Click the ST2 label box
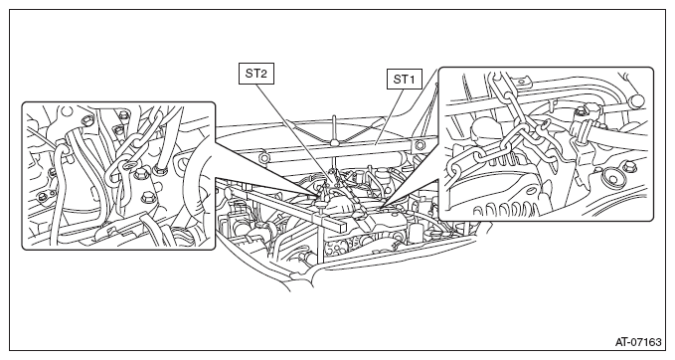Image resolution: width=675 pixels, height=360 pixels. click(256, 74)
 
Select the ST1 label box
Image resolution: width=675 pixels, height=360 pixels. click(405, 79)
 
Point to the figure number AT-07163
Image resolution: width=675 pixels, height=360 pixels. click(638, 342)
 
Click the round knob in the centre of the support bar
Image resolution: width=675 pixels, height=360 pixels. click(334, 141)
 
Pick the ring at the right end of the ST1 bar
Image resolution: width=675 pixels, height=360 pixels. click(418, 145)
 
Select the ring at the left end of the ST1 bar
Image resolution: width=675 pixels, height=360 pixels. click(262, 158)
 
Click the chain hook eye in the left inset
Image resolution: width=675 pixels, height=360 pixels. click(128, 165)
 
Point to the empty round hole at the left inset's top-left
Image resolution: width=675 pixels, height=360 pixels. click(66, 112)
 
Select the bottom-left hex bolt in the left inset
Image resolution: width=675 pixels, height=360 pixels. click(42, 197)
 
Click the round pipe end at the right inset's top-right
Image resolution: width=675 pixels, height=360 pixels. click(636, 101)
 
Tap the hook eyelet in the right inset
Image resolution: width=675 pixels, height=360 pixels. click(546, 125)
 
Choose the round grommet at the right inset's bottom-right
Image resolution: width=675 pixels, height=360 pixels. click(611, 177)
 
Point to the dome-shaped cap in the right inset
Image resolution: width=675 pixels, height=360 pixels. click(483, 127)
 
